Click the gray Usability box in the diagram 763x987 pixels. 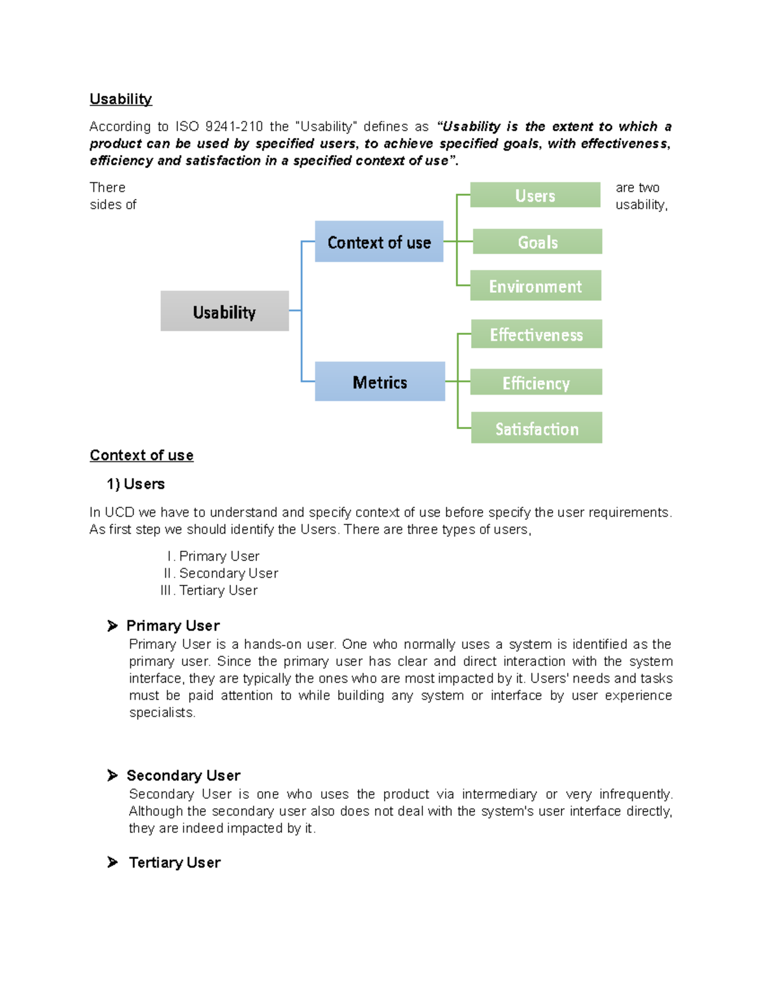[224, 311]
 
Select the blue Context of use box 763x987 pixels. [379, 242]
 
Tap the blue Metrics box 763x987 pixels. [380, 382]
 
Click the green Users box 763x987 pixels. [535, 195]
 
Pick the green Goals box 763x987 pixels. [537, 242]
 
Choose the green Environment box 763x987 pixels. [535, 286]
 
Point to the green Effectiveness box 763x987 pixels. [536, 334]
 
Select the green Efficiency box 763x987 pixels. [536, 383]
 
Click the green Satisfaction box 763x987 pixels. [537, 428]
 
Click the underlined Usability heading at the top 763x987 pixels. [121, 99]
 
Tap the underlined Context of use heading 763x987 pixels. [141, 455]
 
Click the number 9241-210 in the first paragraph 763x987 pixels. [234, 126]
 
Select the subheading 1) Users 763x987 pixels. [135, 484]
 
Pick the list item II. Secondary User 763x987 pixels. [221, 573]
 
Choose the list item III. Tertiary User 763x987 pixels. [209, 590]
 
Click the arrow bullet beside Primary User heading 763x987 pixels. [113, 626]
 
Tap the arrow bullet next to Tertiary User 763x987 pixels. [113, 862]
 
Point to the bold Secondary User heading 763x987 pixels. [183, 775]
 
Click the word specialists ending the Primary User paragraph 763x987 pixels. [162, 712]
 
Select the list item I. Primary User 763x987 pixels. [214, 556]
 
